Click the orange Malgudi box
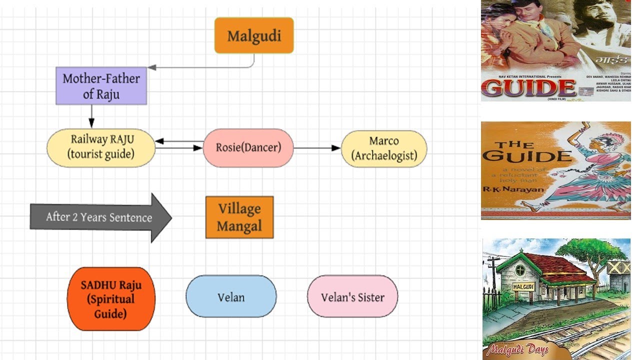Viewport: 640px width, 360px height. [254, 35]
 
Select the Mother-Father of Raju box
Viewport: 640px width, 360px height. [101, 86]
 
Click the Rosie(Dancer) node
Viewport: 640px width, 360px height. [248, 148]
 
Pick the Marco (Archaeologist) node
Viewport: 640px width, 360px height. [383, 148]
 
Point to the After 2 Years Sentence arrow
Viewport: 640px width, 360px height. [100, 217]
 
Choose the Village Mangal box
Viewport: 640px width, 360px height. [239, 217]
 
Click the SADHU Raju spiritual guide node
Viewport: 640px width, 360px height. [111, 299]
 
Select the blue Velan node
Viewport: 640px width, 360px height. [231, 296]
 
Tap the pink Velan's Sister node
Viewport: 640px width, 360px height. [352, 296]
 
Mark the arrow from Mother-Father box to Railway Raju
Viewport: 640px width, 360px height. [91, 116]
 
